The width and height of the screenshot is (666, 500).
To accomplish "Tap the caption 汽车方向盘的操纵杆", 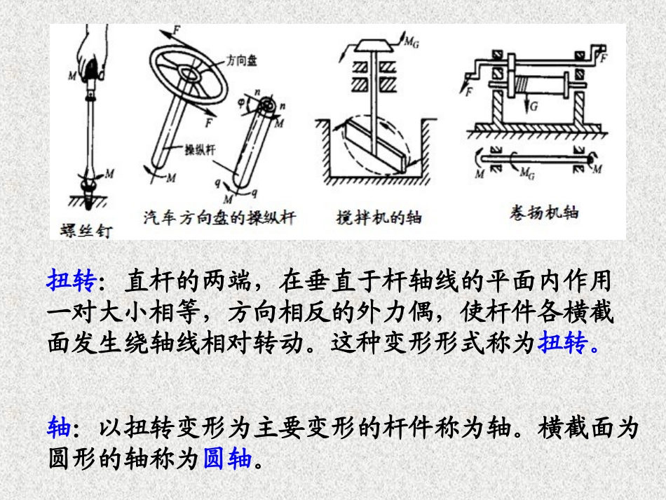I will (219, 217).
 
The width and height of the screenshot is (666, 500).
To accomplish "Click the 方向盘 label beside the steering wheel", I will (241, 61).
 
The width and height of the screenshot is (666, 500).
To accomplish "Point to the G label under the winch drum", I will (536, 108).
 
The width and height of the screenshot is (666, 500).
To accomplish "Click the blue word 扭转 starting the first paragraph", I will (71, 281).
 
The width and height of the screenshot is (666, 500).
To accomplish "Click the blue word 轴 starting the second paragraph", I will (58, 427).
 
